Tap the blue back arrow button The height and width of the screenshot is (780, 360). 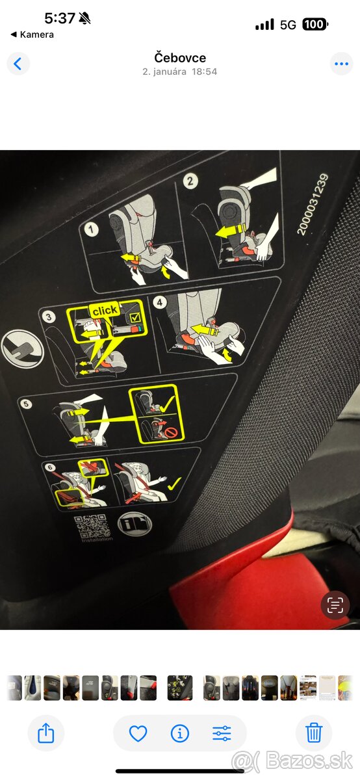coord(18,64)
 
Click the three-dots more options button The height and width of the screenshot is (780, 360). coord(341,64)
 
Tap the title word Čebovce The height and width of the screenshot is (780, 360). coord(180,58)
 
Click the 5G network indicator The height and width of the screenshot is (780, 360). coord(288,25)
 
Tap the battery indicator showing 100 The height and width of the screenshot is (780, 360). coord(315,25)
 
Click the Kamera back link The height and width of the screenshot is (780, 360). coord(32,34)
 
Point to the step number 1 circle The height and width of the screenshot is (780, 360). coord(92,229)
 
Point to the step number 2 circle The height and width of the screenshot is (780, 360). coord(190,181)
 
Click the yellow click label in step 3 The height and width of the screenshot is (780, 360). coord(105,310)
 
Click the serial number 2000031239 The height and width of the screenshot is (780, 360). coord(313,204)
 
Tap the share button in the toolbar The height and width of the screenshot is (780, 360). coord(45,733)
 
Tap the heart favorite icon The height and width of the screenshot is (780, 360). coord(138,733)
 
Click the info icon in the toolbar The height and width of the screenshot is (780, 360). coord(179,733)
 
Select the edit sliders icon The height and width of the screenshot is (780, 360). coord(222,733)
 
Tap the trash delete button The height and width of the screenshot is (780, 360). coord(314,733)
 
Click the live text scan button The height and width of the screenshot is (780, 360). coord(335,606)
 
